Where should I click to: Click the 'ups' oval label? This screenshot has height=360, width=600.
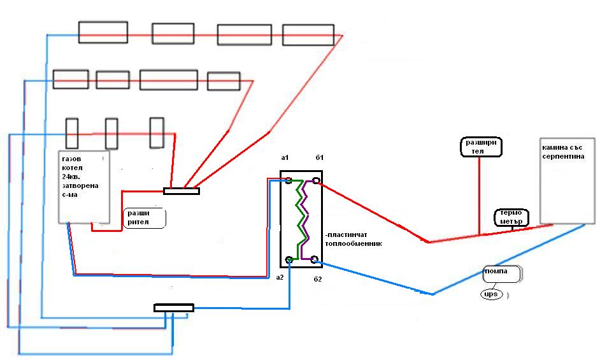coord(492,294)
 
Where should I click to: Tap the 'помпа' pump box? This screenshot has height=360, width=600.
coord(501,274)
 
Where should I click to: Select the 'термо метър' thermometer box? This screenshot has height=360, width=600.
coord(511,217)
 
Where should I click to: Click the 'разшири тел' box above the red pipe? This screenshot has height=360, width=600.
coord(481,147)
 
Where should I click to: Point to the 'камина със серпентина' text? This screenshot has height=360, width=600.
coord(563,152)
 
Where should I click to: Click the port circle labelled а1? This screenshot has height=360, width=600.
coord(289,180)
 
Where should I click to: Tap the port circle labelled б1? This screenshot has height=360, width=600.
coord(316,180)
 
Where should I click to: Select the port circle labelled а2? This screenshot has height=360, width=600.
coord(289,260)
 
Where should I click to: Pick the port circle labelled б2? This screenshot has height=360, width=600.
coord(314,260)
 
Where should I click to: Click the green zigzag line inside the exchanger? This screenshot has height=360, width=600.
coord(301,220)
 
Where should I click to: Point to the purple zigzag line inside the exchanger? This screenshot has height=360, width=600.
coord(305,220)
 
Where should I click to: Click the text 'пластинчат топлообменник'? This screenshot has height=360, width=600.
coord(354,240)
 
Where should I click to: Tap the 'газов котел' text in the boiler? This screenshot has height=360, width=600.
coord(72,163)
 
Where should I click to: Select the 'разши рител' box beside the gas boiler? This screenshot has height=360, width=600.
coord(144,218)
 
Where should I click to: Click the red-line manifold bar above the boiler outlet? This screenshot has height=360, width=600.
coord(182,191)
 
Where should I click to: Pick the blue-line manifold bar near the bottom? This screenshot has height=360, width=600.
coord(174,308)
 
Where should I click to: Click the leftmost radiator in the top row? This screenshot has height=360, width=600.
coord(103,32)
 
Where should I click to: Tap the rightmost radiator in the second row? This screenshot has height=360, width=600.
coord(224,81)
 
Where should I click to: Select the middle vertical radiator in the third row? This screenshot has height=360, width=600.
coord(111,134)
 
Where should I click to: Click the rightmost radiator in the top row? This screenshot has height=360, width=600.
coord(308,35)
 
